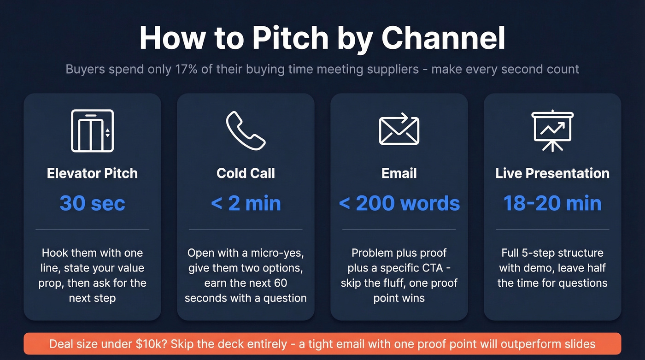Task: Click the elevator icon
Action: pyautogui.click(x=92, y=130)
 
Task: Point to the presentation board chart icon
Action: pyautogui.click(x=552, y=130)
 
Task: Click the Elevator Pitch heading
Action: pyautogui.click(x=92, y=173)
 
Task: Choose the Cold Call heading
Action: pyautogui.click(x=246, y=173)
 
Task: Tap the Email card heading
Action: pyautogui.click(x=399, y=173)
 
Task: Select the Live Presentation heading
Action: pyautogui.click(x=552, y=173)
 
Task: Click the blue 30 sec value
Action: pyautogui.click(x=92, y=203)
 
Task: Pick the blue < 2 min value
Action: pyautogui.click(x=246, y=203)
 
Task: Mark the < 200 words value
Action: pyautogui.click(x=399, y=203)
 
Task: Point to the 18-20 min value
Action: pyautogui.click(x=552, y=203)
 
